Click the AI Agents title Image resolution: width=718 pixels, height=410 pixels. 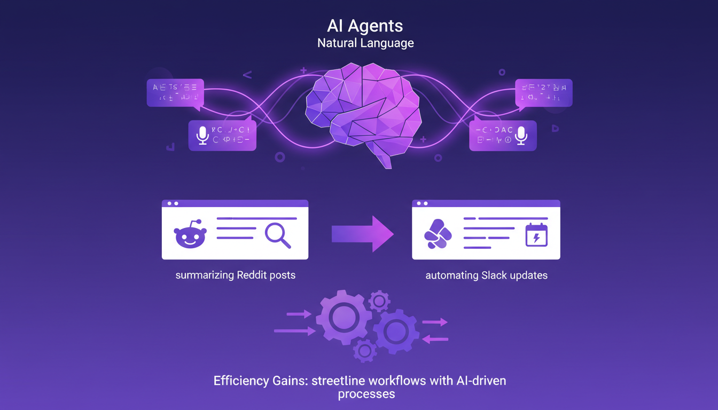(365, 25)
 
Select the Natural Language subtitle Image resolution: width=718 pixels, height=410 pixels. (365, 43)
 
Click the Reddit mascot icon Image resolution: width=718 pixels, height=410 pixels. (190, 235)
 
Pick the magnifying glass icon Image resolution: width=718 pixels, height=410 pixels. (278, 235)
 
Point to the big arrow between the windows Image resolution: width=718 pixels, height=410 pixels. (363, 234)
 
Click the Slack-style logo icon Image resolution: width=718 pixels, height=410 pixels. (438, 234)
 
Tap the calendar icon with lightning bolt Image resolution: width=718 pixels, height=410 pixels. (536, 235)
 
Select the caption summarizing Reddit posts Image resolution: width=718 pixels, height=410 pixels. (235, 275)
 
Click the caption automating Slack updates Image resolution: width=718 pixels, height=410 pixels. (486, 276)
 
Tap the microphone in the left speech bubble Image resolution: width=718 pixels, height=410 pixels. (202, 135)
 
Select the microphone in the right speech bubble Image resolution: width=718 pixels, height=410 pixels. (521, 136)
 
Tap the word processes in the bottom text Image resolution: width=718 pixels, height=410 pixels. (366, 395)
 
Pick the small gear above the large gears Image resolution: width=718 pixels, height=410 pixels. (379, 301)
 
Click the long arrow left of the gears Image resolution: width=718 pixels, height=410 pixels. (294, 332)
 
